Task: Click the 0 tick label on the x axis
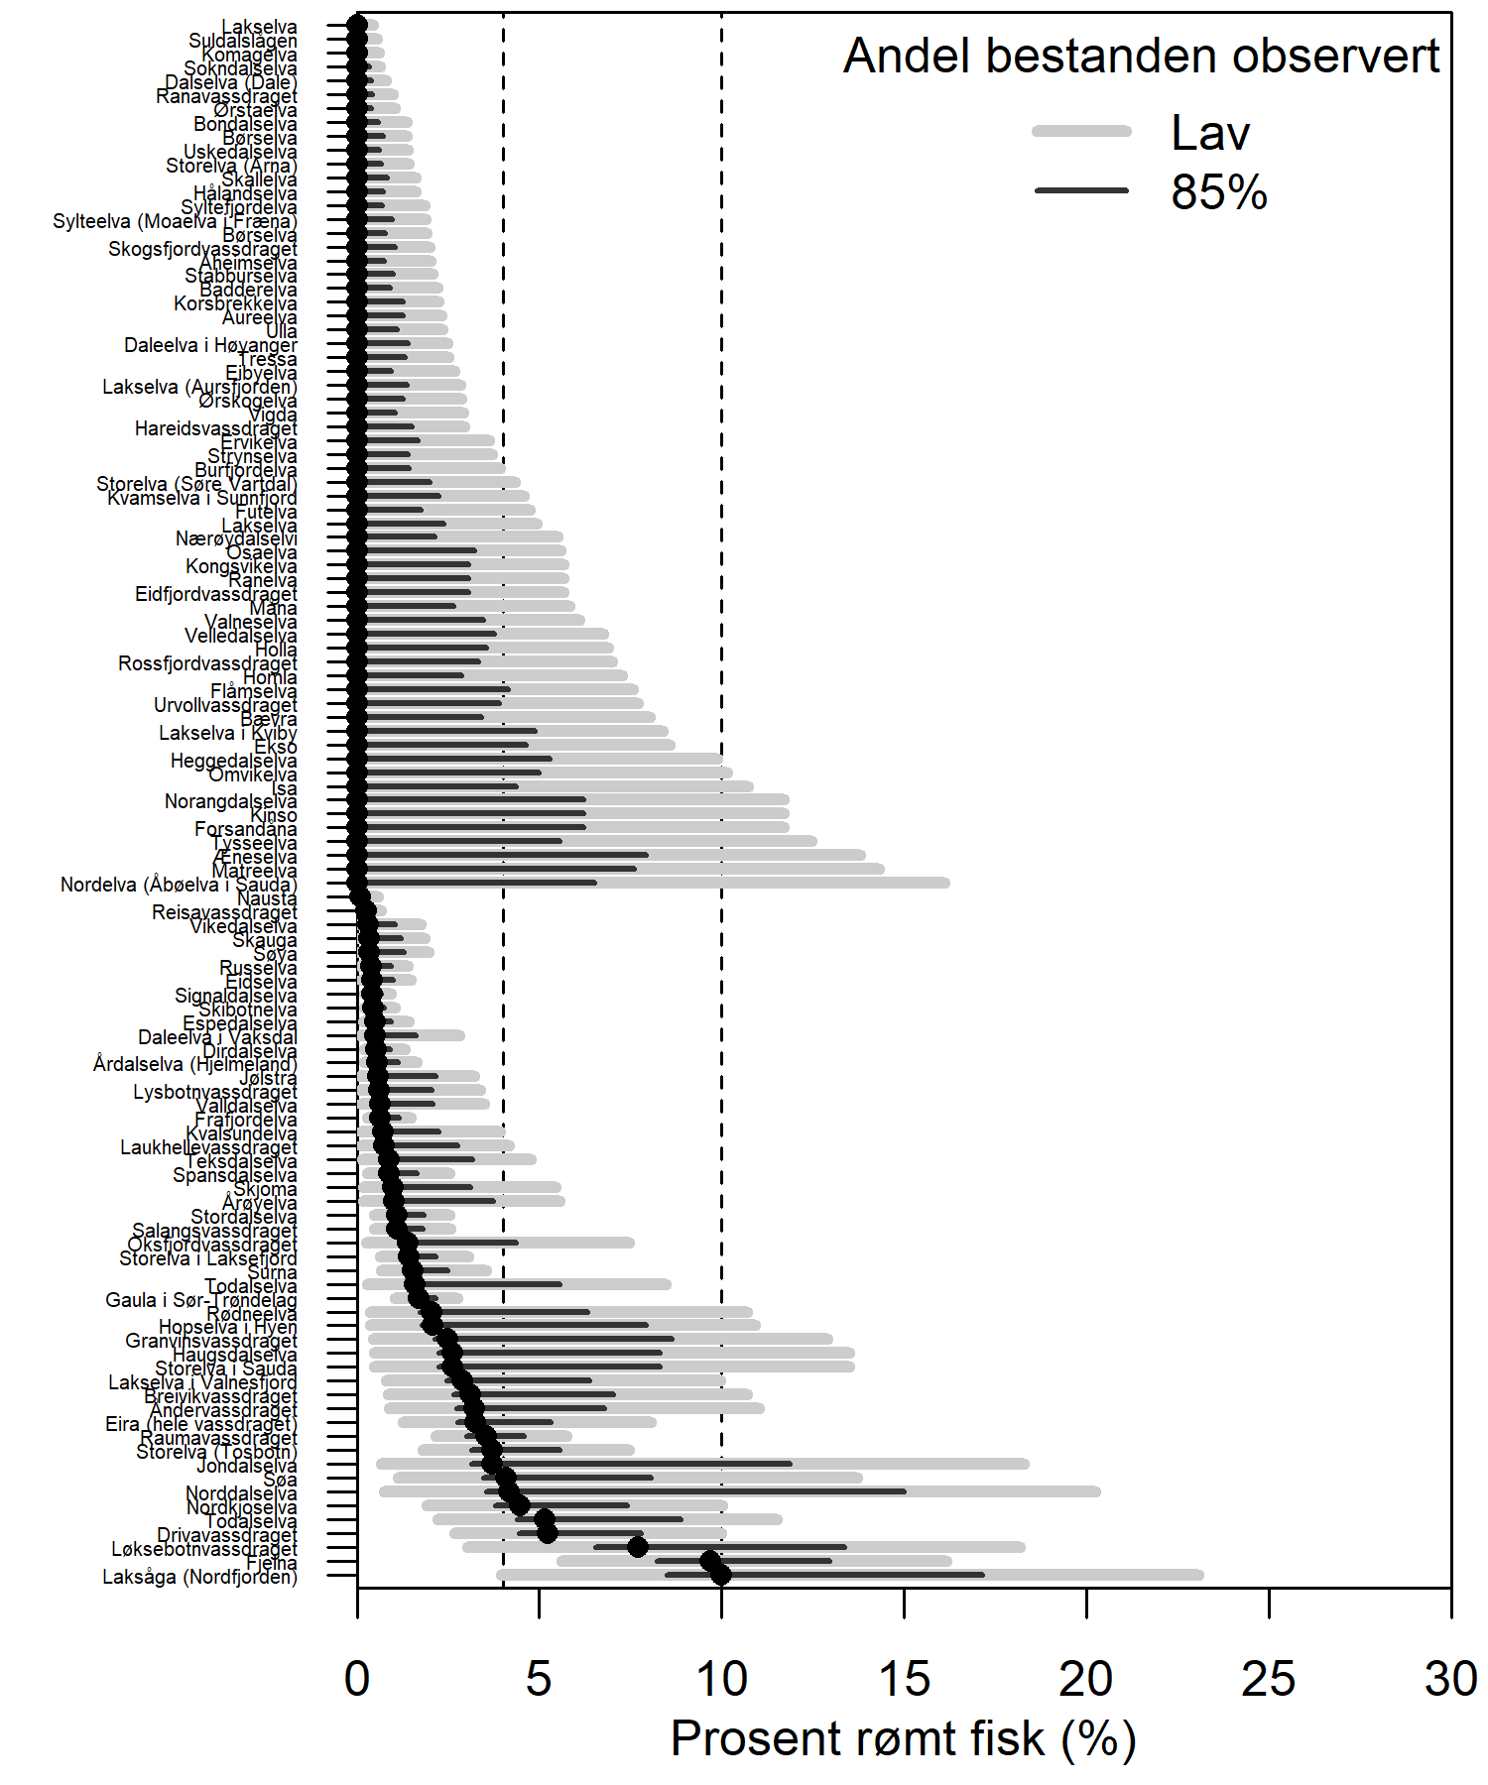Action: (x=357, y=1680)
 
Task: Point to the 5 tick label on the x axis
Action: (x=539, y=1680)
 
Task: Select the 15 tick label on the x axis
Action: (x=904, y=1680)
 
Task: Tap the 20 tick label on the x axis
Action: (x=1086, y=1680)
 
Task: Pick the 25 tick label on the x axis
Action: (x=1269, y=1680)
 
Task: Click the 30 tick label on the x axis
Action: (x=1450, y=1680)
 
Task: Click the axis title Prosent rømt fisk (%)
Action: (x=903, y=1739)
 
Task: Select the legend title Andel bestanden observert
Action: (x=1141, y=56)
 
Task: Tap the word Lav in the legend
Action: (x=1210, y=133)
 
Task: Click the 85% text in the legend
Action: (x=1219, y=191)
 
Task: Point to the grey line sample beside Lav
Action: (x=1081, y=131)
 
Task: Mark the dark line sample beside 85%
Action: (x=1081, y=190)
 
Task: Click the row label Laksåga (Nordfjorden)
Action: (x=199, y=1577)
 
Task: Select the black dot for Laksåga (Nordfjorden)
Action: (x=721, y=1575)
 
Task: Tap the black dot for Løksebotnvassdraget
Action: (x=638, y=1547)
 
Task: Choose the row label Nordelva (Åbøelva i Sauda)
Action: (x=179, y=885)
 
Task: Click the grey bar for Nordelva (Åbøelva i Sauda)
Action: (x=794, y=883)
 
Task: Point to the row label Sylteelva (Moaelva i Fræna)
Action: (x=175, y=221)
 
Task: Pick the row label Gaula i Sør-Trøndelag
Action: (x=201, y=1300)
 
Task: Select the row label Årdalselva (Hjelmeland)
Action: (x=195, y=1064)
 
